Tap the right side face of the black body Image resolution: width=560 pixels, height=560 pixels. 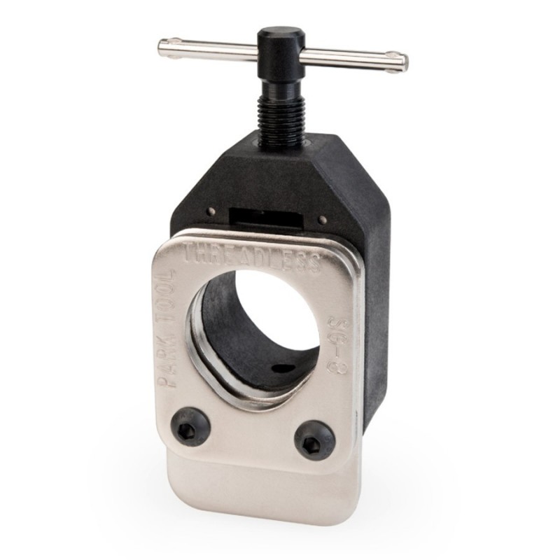click(377, 315)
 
